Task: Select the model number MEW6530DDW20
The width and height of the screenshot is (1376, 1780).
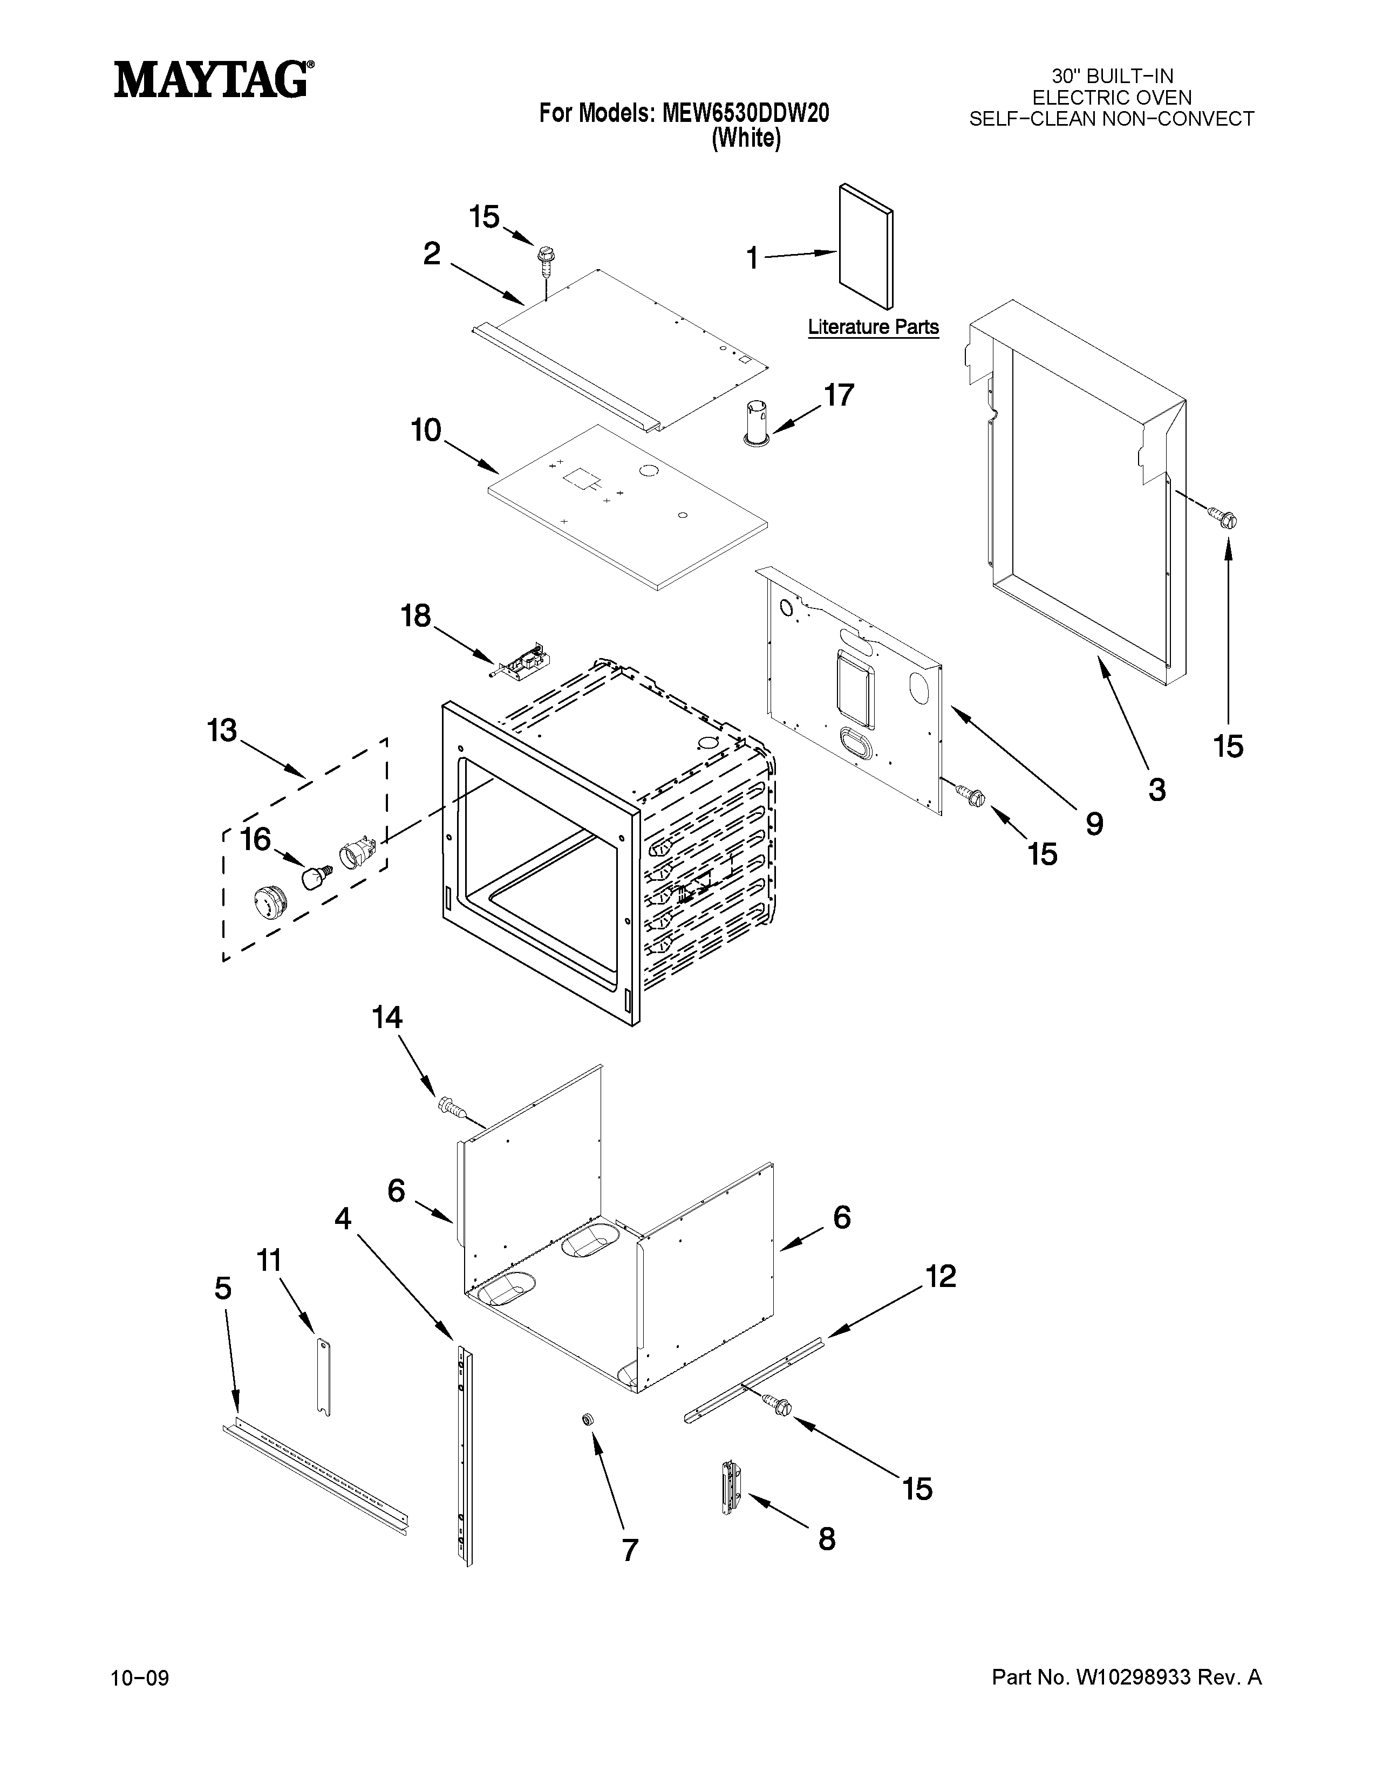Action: pyautogui.click(x=745, y=113)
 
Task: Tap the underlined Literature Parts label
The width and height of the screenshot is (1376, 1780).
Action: pyautogui.click(x=873, y=327)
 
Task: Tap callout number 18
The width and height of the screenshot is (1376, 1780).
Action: pyautogui.click(x=415, y=615)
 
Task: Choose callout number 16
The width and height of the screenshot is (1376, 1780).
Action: pyautogui.click(x=255, y=839)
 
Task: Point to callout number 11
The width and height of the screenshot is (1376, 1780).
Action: pyautogui.click(x=269, y=1261)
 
